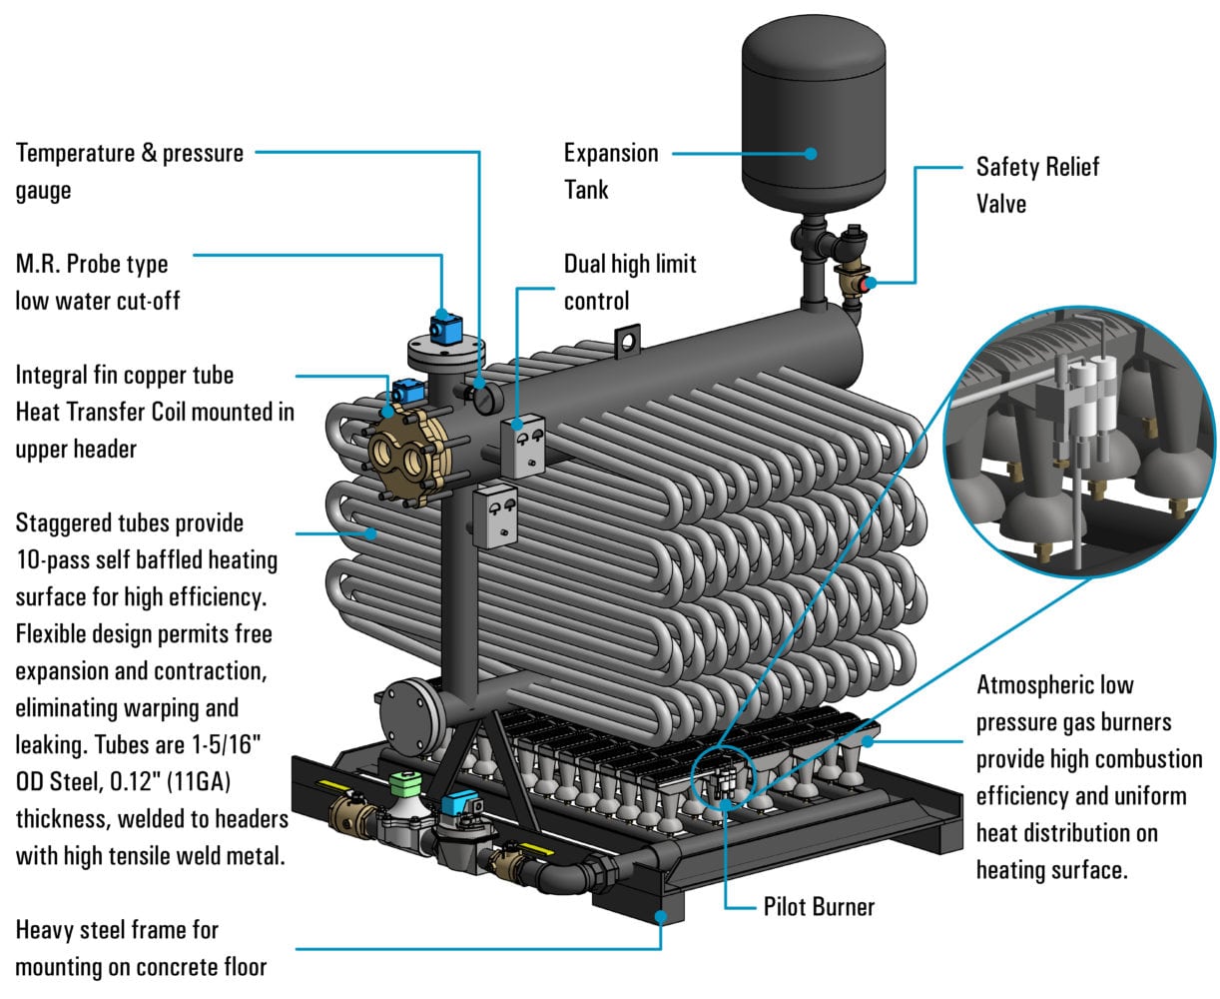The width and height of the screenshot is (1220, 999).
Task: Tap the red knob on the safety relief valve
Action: coord(871,283)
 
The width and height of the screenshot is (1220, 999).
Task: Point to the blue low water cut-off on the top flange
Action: coord(444,326)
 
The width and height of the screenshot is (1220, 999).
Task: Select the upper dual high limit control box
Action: coord(522,447)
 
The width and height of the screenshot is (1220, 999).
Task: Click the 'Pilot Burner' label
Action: coord(819,907)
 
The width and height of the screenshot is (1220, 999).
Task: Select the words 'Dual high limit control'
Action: coord(629,282)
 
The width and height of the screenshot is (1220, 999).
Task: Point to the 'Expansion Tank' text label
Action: coord(611,171)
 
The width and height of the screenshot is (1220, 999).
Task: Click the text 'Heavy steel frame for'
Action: coord(117,930)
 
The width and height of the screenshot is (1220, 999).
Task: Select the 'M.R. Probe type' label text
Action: coord(92,265)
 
